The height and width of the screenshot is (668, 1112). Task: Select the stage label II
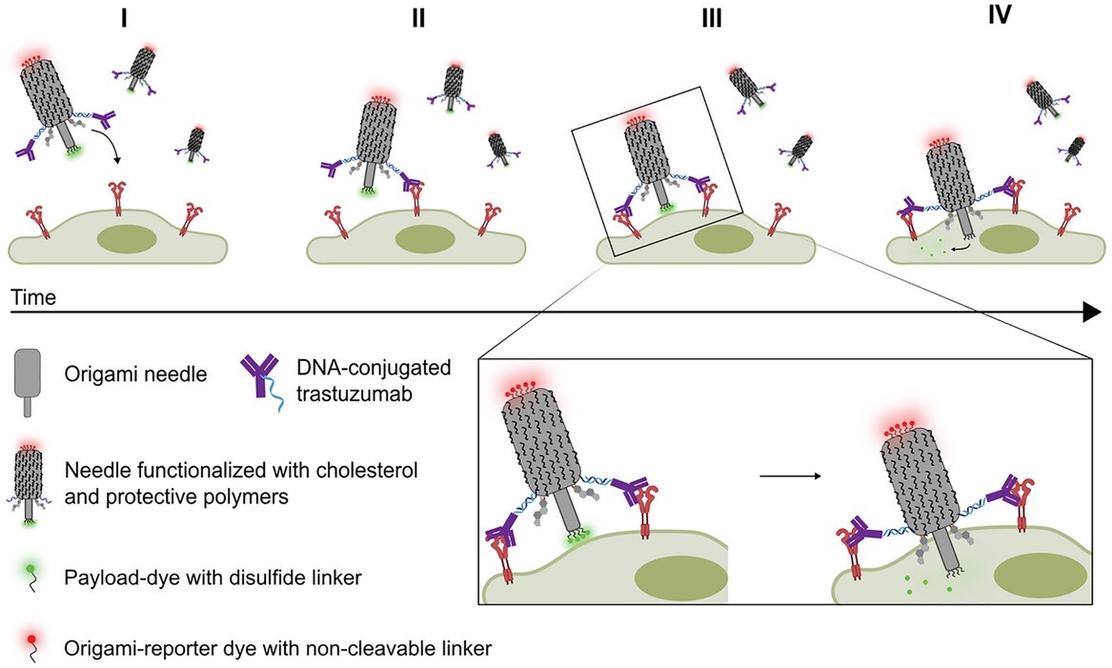coord(418,20)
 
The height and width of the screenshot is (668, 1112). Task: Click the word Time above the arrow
coord(34,297)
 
